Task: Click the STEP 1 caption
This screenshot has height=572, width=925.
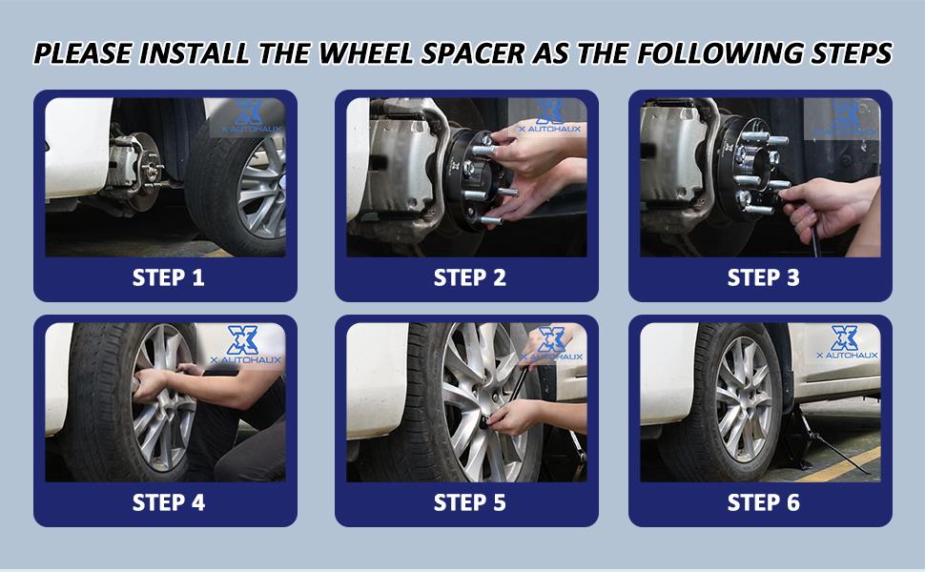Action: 168,277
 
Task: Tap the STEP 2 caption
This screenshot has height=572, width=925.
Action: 469,277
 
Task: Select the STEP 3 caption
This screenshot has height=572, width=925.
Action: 763,277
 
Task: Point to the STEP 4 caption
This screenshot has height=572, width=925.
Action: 168,501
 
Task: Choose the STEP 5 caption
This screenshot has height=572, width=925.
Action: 469,501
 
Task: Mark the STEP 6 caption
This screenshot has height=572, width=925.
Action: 763,501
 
